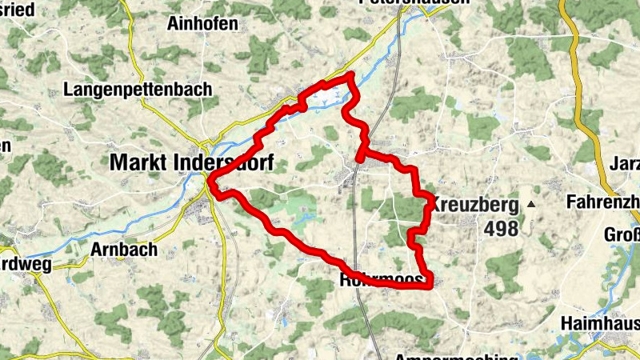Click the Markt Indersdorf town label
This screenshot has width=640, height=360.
190,163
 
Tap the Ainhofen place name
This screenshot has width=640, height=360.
202,23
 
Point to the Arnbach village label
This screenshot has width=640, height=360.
124,249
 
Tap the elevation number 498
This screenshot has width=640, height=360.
501,228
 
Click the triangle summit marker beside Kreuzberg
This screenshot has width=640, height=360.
530,205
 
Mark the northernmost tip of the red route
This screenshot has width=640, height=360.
350,74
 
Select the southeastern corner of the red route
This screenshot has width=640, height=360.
430,283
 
